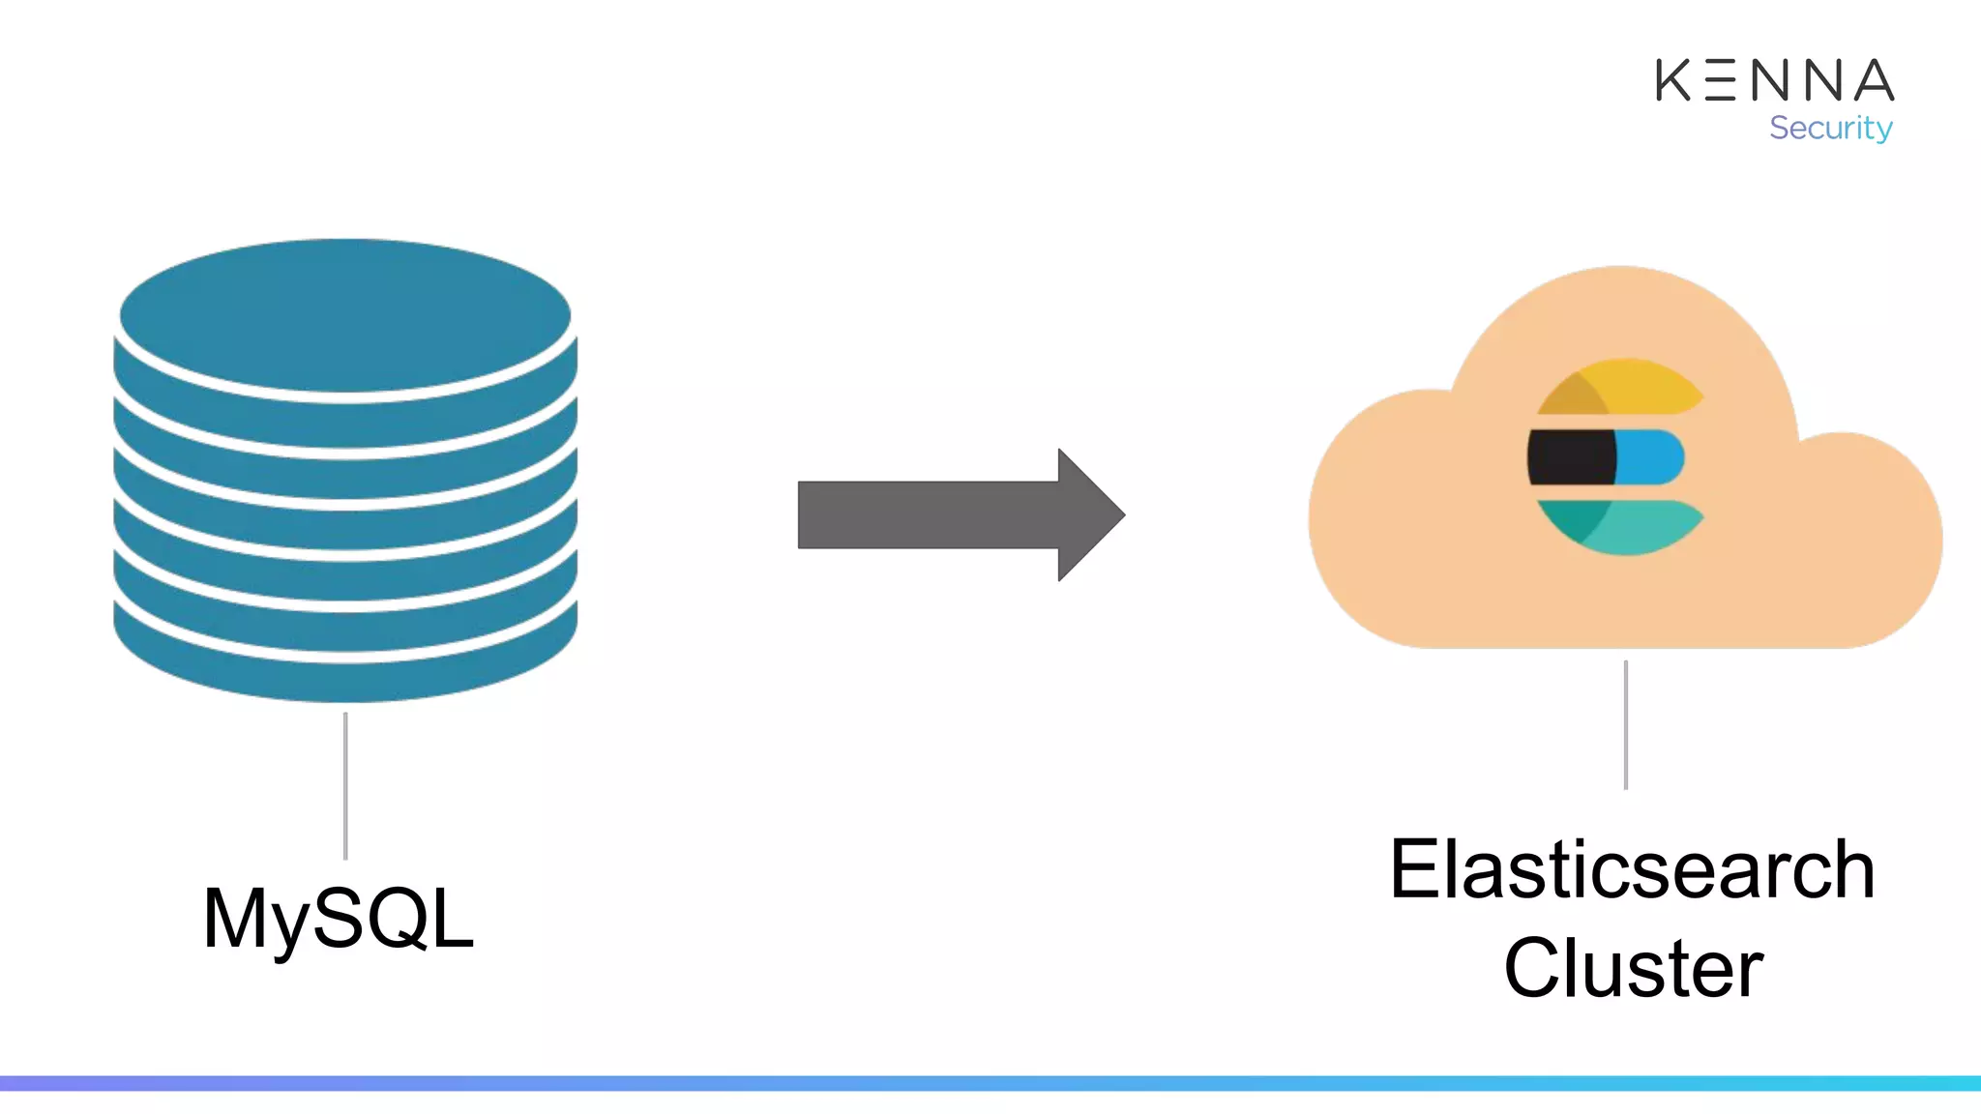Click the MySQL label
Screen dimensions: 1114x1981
coord(338,919)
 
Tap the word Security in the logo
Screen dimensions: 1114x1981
coord(1830,128)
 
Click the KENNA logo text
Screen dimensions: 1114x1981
coord(1774,80)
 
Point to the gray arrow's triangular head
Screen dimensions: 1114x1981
coord(1088,514)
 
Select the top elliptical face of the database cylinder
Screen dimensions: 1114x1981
coord(345,315)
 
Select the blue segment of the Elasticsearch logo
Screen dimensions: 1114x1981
coord(1648,457)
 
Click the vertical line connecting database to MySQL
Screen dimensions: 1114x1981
coord(345,785)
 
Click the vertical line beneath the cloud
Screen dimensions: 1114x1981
coord(1626,725)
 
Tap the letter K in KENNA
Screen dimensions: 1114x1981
coord(1673,80)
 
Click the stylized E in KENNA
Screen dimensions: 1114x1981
coord(1721,80)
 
